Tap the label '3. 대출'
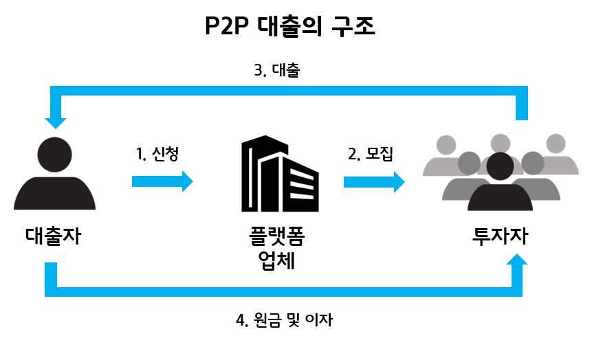[x=277, y=71]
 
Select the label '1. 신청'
[x=157, y=153]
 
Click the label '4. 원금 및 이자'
[x=285, y=319]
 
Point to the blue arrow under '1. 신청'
[x=163, y=181]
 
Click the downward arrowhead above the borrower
[x=56, y=122]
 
